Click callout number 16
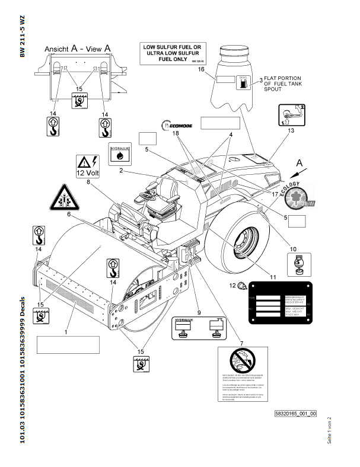(x=201, y=69)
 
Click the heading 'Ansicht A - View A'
(x=77, y=49)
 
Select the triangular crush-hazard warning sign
(x=61, y=198)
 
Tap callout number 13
(x=291, y=129)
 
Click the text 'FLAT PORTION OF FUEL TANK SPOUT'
(x=282, y=83)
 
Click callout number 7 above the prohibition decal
(x=241, y=343)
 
